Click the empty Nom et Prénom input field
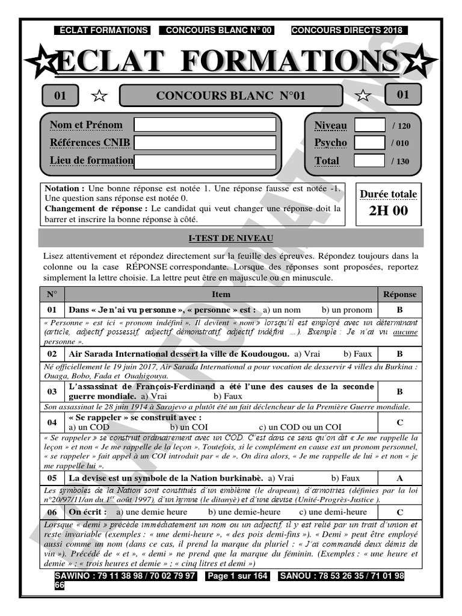(x=205, y=125)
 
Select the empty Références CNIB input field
(x=205, y=143)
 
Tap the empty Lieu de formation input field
(x=205, y=161)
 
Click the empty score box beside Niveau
(x=369, y=125)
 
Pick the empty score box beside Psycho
(x=369, y=143)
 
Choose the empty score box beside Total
(x=369, y=161)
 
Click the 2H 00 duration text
(x=388, y=211)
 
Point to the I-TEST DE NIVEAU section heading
(x=230, y=238)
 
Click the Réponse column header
(x=399, y=294)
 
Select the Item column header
(x=221, y=294)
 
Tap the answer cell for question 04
(x=399, y=422)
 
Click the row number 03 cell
(x=52, y=391)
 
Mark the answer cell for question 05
(x=399, y=478)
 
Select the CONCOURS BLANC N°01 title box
(x=231, y=96)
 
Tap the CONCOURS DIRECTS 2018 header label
(x=348, y=30)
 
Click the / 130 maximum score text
(x=400, y=161)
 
